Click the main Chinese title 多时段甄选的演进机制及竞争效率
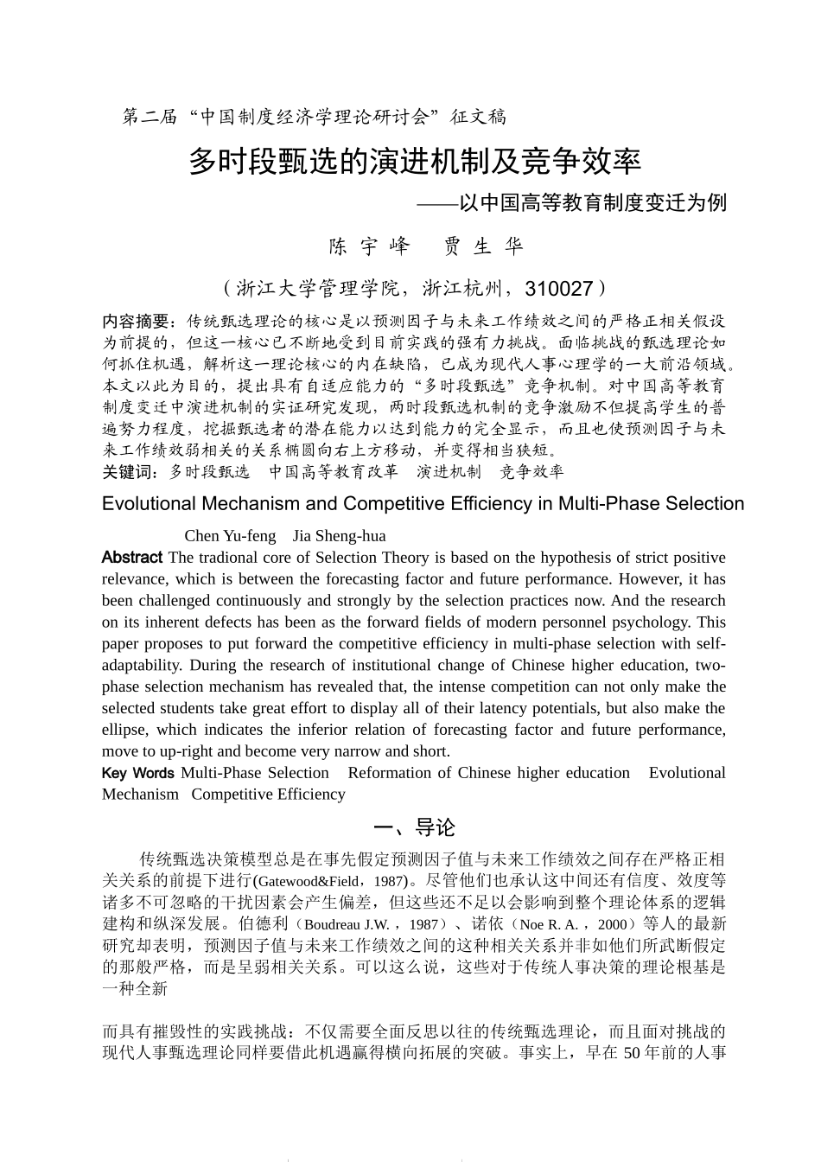(x=415, y=161)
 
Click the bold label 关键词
(x=130, y=471)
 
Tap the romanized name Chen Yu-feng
(x=230, y=536)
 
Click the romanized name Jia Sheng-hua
(x=340, y=536)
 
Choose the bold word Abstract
(x=131, y=558)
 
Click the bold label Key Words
(x=137, y=773)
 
